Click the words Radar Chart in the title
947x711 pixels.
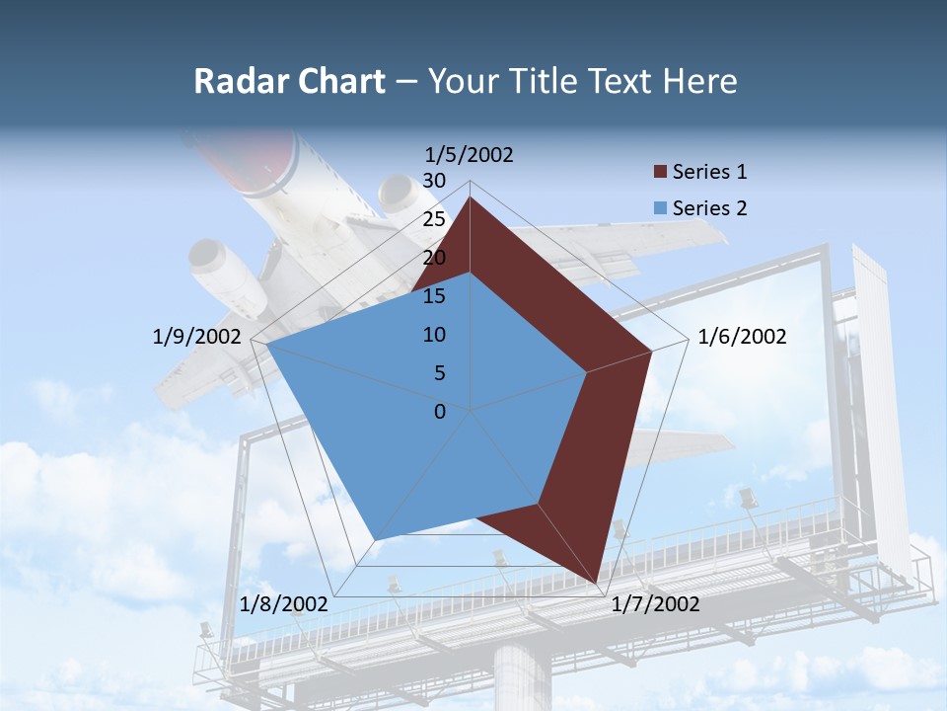pyautogui.click(x=289, y=81)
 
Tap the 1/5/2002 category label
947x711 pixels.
pyautogui.click(x=470, y=154)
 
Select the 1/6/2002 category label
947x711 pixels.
pyautogui.click(x=742, y=337)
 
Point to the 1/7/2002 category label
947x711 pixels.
pyautogui.click(x=655, y=604)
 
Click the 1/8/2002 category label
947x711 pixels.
pyautogui.click(x=283, y=604)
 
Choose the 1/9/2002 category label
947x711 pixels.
pyautogui.click(x=197, y=337)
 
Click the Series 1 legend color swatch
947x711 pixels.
pyautogui.click(x=660, y=173)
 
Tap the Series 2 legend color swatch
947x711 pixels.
pyautogui.click(x=660, y=208)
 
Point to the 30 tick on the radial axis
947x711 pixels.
pyautogui.click(x=433, y=181)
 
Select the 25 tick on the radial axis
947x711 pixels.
pyautogui.click(x=433, y=219)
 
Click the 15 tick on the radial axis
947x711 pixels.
pyautogui.click(x=433, y=296)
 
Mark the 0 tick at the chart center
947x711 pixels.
pyautogui.click(x=440, y=411)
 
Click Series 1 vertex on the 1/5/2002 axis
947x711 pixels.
pyautogui.click(x=471, y=197)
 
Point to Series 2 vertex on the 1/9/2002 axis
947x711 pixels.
pyautogui.click(x=267, y=344)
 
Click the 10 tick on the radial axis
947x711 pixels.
pyautogui.click(x=433, y=335)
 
